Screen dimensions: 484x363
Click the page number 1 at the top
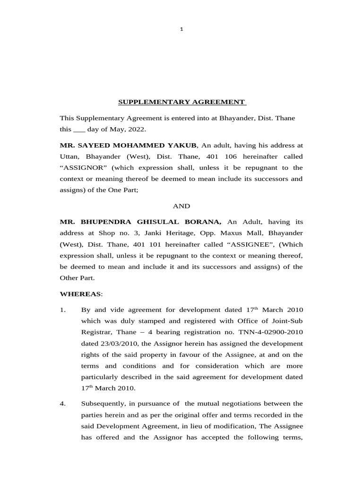[181, 29]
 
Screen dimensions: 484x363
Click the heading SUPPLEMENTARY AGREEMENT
[181, 102]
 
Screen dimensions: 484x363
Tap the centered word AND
[181, 206]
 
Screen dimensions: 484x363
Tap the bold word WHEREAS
[80, 294]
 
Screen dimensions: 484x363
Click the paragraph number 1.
[62, 310]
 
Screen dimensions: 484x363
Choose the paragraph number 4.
[62, 404]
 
